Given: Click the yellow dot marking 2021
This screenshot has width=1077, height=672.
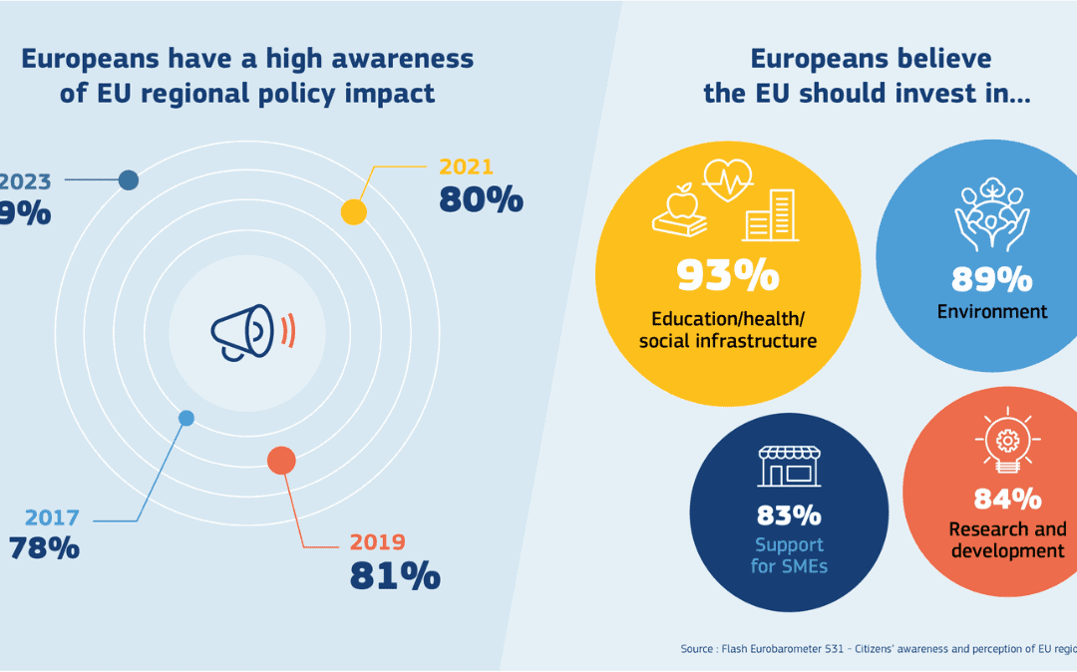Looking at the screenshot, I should click(x=353, y=211).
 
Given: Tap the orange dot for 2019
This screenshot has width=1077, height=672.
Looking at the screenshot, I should click(x=281, y=461).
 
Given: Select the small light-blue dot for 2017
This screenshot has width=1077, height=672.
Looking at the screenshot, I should click(x=185, y=418).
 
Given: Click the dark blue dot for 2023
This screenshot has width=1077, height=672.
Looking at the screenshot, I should click(x=128, y=179).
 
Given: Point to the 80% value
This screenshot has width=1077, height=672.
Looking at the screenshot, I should click(x=481, y=199).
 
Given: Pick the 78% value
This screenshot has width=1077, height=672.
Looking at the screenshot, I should click(x=44, y=547).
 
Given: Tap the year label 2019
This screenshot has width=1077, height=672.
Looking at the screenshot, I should click(x=377, y=542).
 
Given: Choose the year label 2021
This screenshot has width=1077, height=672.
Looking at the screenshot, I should click(x=466, y=167).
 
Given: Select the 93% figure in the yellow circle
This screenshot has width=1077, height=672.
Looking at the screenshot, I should click(x=727, y=276).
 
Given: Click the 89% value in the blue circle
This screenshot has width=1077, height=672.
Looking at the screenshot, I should click(x=991, y=279).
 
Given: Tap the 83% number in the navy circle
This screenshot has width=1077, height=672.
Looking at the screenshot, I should click(x=788, y=515).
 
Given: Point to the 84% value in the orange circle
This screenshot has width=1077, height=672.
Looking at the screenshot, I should click(x=1007, y=498).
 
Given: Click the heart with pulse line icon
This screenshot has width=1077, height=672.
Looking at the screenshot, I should click(x=728, y=182).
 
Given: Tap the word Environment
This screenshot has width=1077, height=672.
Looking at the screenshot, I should click(x=991, y=312).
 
